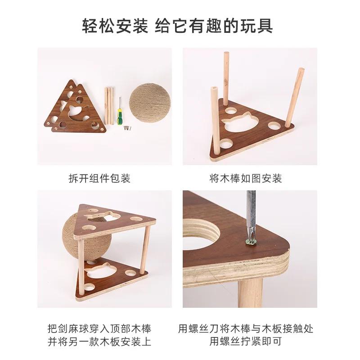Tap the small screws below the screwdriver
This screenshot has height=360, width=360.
126,128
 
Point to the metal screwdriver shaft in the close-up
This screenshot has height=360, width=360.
251,211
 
